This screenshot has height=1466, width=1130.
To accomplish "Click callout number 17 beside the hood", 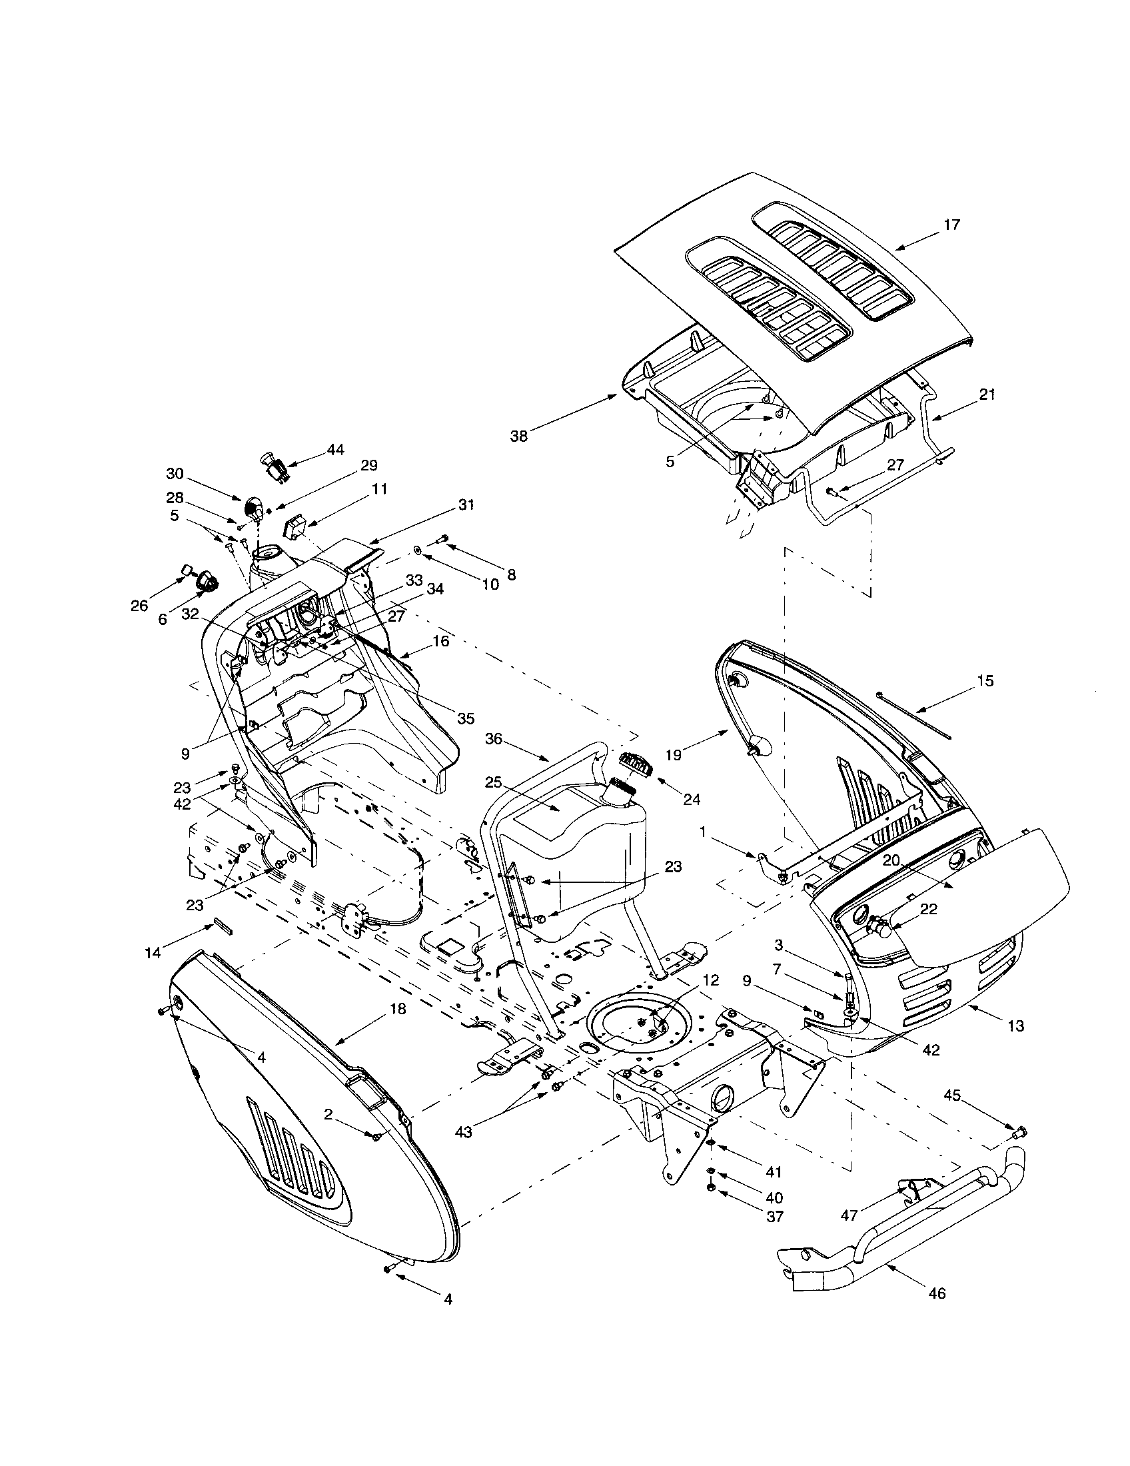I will coord(951,225).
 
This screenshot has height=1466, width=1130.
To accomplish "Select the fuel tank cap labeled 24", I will coord(634,764).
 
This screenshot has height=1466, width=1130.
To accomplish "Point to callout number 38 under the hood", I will coord(519,436).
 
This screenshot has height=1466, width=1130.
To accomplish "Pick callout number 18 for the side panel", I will coord(398,1009).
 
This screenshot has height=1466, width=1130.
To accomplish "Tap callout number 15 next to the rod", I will coord(985,680).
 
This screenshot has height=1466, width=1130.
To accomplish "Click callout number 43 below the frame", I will coord(463,1131).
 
